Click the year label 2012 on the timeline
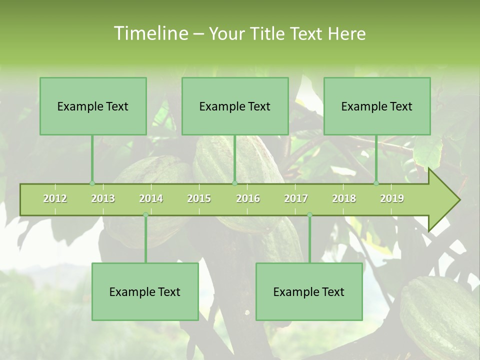click(x=55, y=198)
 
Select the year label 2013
click(x=103, y=198)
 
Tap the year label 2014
click(x=151, y=198)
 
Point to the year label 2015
click(x=199, y=198)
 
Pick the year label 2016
click(x=248, y=198)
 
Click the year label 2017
click(x=296, y=198)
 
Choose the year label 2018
click(x=344, y=198)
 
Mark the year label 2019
click(x=392, y=198)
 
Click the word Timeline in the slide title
click(x=150, y=33)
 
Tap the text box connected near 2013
click(x=93, y=106)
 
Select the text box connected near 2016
click(x=235, y=106)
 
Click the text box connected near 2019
click(x=377, y=106)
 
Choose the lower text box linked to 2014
click(x=145, y=291)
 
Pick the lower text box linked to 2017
click(x=309, y=291)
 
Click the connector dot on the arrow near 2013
click(x=92, y=183)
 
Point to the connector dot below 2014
click(x=145, y=215)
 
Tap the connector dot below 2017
click(x=309, y=215)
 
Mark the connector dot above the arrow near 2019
click(x=376, y=183)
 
